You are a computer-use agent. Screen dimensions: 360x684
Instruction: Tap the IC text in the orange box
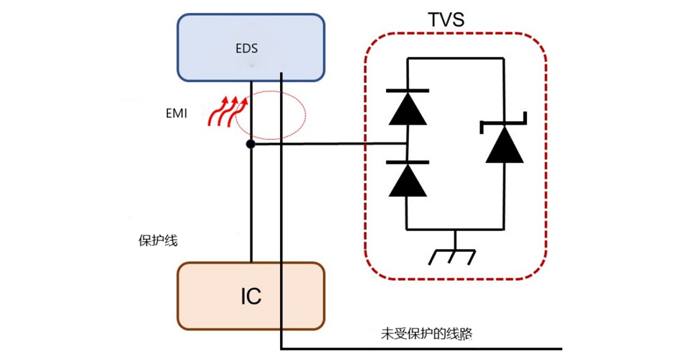[251, 296]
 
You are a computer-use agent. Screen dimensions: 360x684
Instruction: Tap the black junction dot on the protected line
[251, 145]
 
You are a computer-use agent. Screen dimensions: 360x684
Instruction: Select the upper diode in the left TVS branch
[408, 107]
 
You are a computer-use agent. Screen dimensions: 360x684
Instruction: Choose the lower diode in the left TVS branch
[408, 180]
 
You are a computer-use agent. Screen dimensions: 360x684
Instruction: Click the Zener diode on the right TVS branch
[503, 143]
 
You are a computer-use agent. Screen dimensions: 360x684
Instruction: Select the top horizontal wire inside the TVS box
[455, 59]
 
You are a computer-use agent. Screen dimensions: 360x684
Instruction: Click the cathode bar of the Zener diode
[503, 123]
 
